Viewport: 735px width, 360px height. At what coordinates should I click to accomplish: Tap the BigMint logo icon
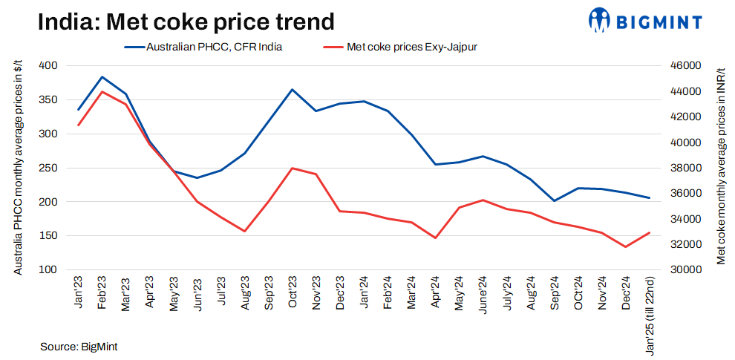click(600, 20)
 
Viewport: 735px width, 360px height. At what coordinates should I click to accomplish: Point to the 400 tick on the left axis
click(48, 65)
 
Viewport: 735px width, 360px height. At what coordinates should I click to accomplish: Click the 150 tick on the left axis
click(48, 235)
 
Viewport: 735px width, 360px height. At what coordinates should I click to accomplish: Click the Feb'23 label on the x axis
click(102, 293)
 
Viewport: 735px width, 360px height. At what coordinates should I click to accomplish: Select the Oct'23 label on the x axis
click(293, 293)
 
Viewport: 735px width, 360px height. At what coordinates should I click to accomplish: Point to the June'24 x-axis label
click(483, 295)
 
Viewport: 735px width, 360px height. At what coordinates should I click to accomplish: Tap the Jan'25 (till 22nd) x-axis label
click(650, 312)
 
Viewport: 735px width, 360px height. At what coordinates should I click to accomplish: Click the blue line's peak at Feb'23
click(102, 76)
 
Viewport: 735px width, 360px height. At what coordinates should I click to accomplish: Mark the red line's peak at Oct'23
click(293, 168)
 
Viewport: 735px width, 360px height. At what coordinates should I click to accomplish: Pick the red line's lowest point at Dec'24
click(625, 246)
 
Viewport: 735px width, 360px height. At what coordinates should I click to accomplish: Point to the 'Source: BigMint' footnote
click(79, 346)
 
